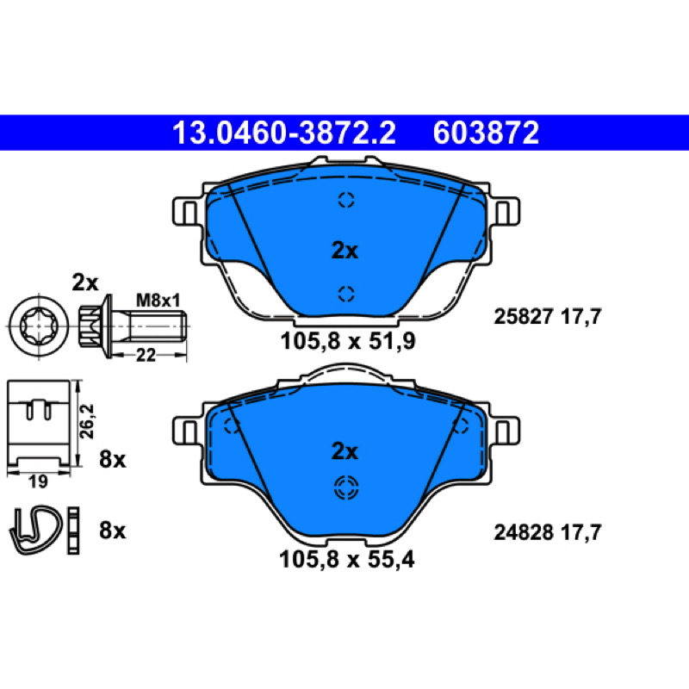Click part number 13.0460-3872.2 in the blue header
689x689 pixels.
284,133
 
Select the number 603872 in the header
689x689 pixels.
486,133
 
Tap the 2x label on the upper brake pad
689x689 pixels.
344,251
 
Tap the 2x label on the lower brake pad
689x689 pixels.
344,450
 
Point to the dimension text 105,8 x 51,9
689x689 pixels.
348,341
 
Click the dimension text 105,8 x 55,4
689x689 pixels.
347,559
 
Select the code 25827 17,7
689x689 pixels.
547,316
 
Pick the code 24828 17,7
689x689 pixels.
547,532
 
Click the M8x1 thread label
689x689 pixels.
158,301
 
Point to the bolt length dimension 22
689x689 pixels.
146,355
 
